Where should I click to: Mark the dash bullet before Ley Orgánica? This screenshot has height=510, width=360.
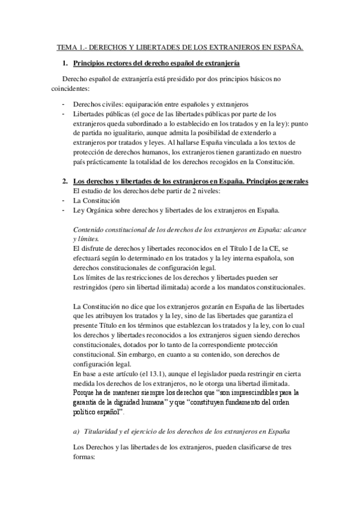coord(63,209)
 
